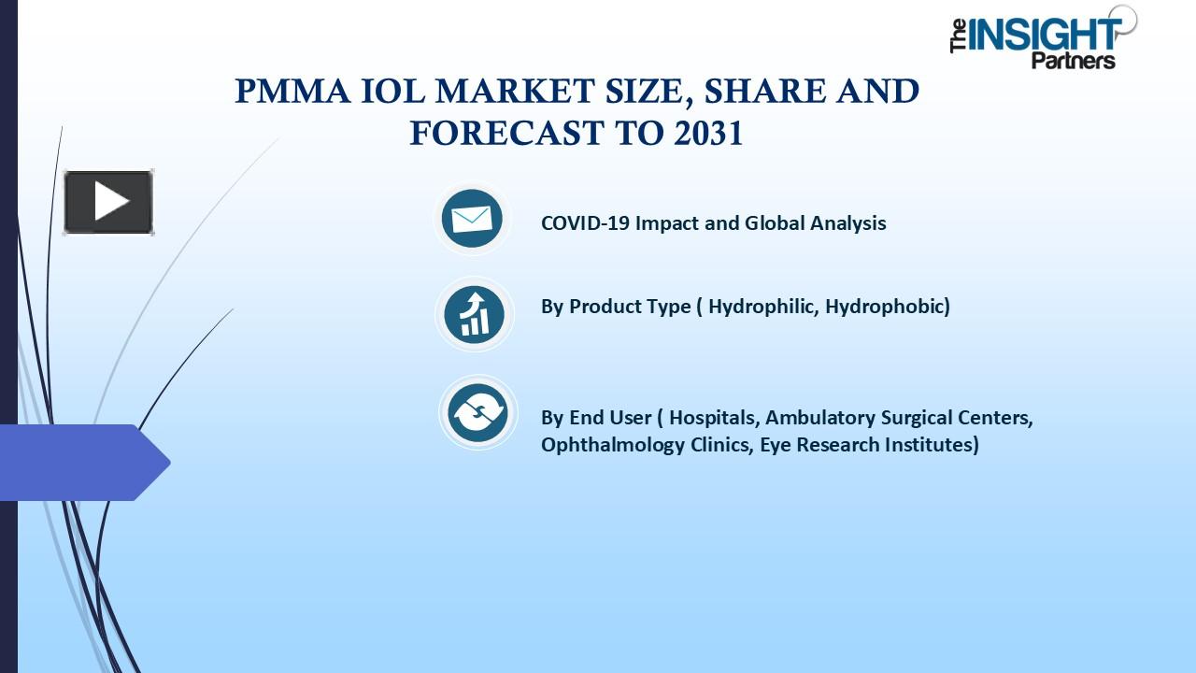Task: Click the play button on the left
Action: point(108,202)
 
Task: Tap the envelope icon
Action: point(472,219)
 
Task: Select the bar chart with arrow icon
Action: point(474,314)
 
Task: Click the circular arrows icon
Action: point(477,412)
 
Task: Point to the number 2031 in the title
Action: point(707,134)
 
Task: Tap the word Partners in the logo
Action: point(1073,61)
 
